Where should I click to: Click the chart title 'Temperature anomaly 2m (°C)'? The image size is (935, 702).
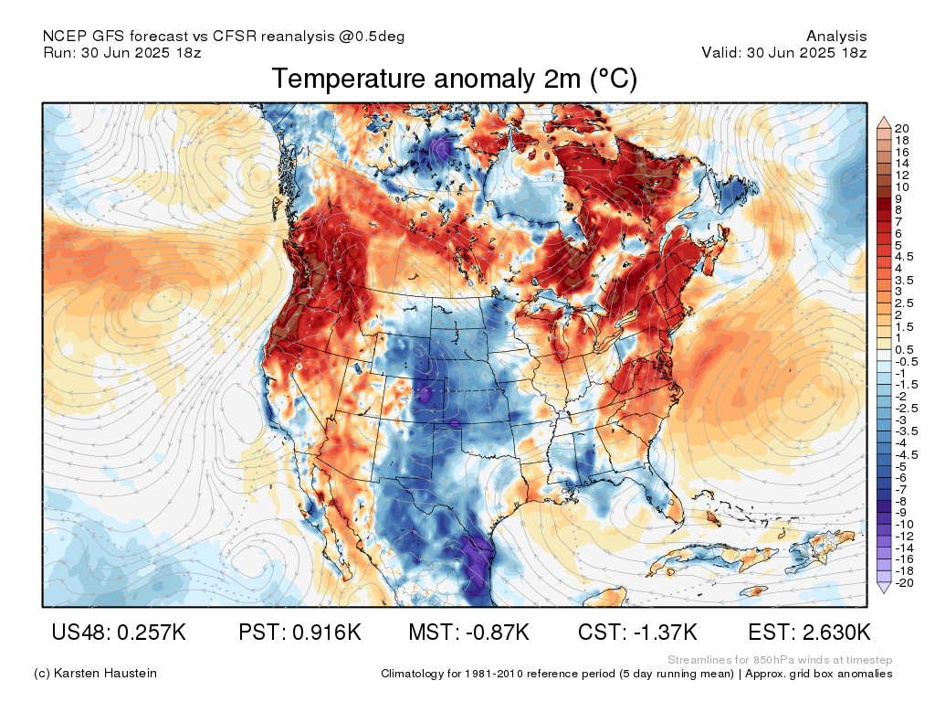454,80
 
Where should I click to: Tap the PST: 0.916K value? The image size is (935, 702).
299,633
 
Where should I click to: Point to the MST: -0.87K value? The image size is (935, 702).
469,633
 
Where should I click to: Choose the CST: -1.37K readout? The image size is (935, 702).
637,633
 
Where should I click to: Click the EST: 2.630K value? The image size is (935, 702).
809,633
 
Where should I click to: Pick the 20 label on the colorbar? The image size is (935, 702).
903,128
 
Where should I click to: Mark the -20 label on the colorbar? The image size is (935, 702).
905,582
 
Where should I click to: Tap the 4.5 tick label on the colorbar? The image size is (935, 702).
905,257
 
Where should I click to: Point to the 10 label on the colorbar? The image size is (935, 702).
903,186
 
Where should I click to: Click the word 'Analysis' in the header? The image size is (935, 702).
836,37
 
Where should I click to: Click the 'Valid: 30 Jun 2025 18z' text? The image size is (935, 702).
783,52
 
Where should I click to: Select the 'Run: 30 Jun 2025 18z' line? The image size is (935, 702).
122,52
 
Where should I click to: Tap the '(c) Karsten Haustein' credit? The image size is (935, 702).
95,674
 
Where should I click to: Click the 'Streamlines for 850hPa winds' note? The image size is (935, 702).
780,660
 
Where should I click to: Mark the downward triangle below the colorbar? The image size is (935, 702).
883,590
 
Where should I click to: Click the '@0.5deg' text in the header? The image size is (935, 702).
373,37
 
